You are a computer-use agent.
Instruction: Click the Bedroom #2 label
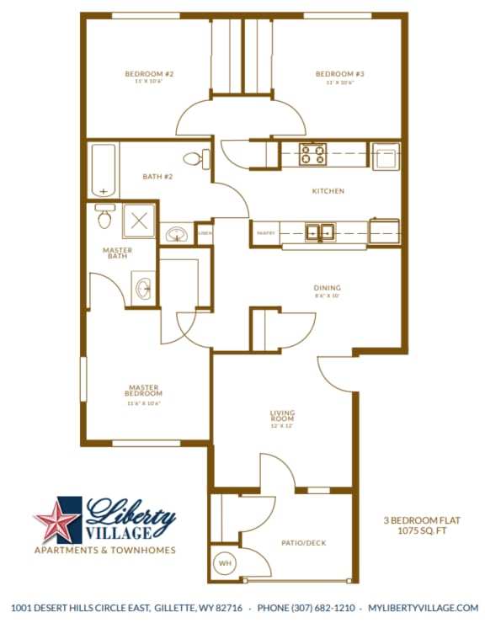pos(149,74)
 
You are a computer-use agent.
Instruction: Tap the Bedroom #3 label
pos(334,74)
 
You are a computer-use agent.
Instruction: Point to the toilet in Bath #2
pos(192,157)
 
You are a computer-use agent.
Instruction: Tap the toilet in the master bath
pos(104,218)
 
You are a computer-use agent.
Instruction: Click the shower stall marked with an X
pos(139,221)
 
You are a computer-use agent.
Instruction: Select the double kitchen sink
pos(320,232)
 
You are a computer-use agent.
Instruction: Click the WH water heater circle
pos(226,563)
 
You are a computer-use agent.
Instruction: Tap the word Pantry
pos(265,232)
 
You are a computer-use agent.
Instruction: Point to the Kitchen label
pos(328,191)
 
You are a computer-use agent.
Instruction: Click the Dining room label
pos(328,288)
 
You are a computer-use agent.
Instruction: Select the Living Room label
pos(282,415)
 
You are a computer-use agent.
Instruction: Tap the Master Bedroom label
pos(143,391)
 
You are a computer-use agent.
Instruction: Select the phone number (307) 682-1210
pos(306,607)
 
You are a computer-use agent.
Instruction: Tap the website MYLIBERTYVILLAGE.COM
pos(418,607)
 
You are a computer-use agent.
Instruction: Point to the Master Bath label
pos(118,253)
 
